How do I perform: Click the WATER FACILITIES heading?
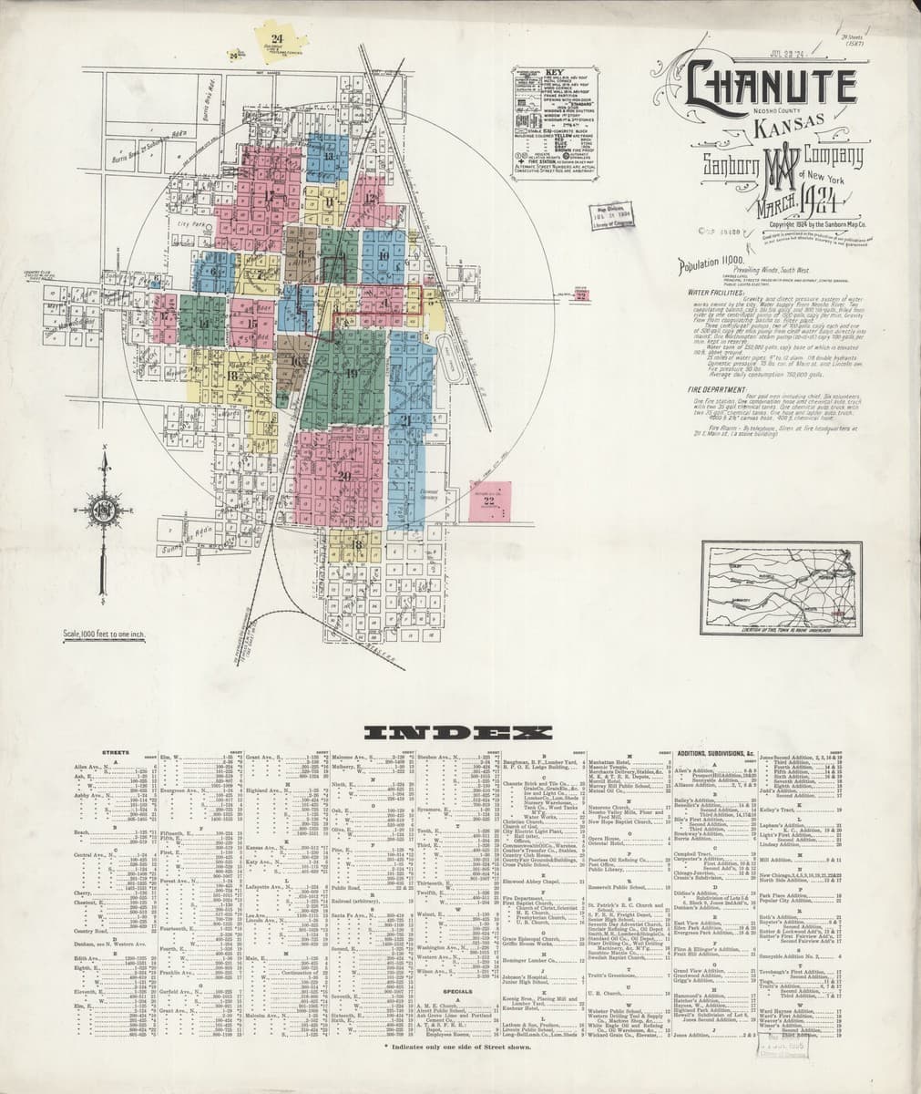pos(713,293)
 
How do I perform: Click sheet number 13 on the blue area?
pos(327,156)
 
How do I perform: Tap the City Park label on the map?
pos(193,223)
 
